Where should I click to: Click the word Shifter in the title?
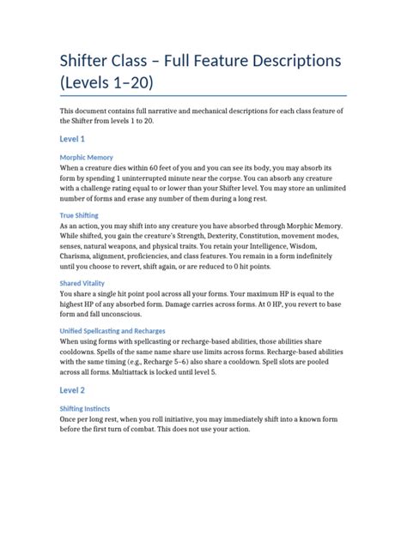click(90, 62)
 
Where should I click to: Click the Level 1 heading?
click(72, 138)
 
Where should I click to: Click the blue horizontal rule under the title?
click(203, 95)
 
